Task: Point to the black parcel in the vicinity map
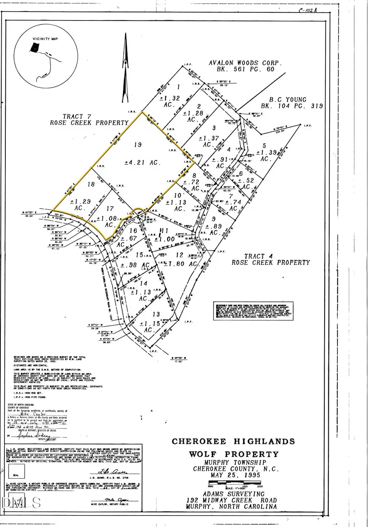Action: tap(35, 47)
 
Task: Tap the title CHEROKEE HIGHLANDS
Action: tap(233, 441)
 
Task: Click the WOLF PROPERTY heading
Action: tap(233, 454)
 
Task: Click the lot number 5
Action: tap(264, 145)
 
